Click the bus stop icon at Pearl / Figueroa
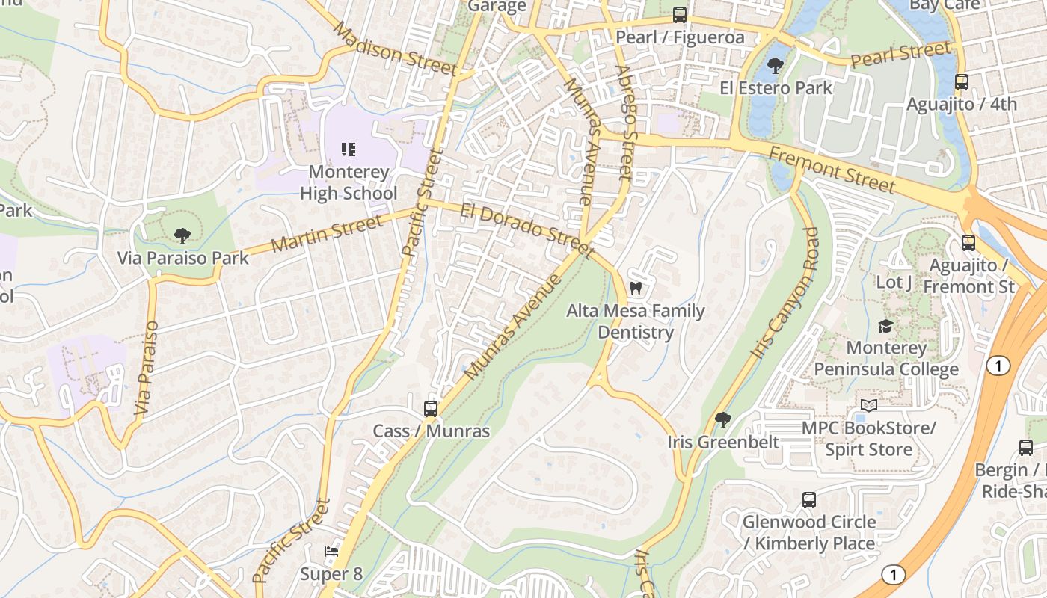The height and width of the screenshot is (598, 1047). [679, 14]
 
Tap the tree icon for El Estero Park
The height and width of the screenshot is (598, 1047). [775, 65]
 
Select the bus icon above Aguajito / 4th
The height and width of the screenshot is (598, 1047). [962, 81]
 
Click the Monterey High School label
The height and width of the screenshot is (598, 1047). [349, 182]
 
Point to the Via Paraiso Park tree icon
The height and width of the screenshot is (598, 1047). [182, 236]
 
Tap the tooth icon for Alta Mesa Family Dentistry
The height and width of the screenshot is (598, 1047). [636, 288]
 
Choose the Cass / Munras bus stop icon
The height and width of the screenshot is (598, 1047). [431, 408]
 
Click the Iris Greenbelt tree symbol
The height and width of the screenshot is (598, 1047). [722, 419]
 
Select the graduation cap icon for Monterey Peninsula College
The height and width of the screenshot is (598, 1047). [885, 326]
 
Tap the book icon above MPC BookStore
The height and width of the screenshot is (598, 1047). [868, 405]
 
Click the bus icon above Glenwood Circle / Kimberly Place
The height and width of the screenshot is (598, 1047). [808, 499]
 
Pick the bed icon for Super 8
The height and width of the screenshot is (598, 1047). [331, 552]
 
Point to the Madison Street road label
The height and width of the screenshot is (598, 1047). [394, 49]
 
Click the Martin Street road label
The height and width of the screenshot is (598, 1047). [328, 233]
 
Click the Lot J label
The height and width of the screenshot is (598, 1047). [894, 282]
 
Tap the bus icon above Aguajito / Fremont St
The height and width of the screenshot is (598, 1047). [968, 243]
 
